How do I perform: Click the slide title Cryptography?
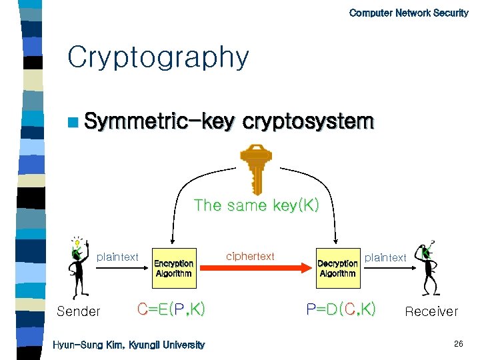coord(158,59)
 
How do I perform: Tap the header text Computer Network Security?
coord(409,13)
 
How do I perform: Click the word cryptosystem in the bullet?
coord(308,122)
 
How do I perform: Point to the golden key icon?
coord(254,169)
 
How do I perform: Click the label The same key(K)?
coord(257,205)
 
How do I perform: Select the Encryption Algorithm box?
coord(173,268)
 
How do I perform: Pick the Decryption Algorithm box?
coord(337,268)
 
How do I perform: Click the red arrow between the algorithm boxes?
coord(255,268)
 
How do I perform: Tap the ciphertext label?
coord(250,256)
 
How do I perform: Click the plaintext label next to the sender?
coord(118,257)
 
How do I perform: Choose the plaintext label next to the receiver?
coord(385,257)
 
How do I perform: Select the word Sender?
coord(79,311)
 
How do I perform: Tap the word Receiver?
coord(431,311)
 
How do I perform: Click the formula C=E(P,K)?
coord(171,309)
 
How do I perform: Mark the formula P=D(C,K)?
coord(341,309)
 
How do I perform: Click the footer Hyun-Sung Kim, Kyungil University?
coord(129,345)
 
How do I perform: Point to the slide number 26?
coord(458,344)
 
